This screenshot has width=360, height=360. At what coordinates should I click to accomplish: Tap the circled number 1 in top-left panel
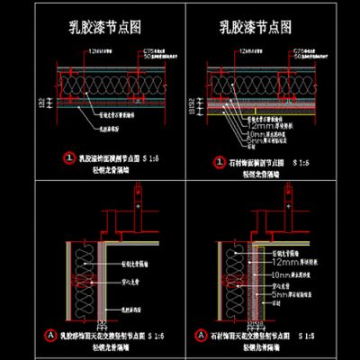pyautogui.click(x=66, y=158)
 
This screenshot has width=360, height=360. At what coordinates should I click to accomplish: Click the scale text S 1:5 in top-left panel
pyautogui.click(x=157, y=158)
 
